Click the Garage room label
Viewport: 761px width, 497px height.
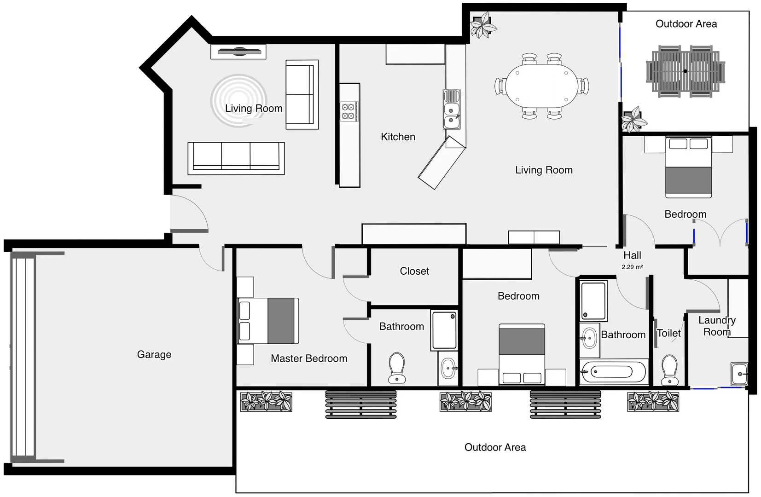point(154,354)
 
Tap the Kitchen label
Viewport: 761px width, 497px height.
point(398,137)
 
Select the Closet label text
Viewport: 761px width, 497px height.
point(414,271)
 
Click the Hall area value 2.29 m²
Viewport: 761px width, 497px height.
point(632,267)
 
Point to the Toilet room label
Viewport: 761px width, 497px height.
point(668,333)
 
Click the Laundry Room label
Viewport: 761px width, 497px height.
point(717,326)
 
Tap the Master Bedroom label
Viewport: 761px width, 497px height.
point(309,358)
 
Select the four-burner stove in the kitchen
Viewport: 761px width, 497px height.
point(348,111)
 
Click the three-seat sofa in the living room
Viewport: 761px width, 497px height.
point(236,157)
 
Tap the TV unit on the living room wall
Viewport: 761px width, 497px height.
point(238,52)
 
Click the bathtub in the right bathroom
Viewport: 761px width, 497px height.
point(613,372)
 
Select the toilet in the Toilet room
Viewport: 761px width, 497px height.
point(669,370)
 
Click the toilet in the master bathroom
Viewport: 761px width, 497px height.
point(397,367)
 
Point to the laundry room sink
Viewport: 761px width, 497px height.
point(738,374)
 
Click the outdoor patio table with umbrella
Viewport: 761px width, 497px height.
point(685,71)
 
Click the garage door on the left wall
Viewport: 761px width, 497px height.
point(23,358)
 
